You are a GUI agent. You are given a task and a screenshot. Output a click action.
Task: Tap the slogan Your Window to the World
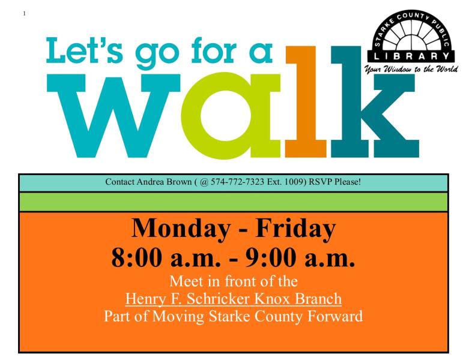click(412, 69)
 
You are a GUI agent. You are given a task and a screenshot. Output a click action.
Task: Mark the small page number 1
click(23, 13)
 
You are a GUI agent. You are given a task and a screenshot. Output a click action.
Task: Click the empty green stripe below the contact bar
click(234, 202)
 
